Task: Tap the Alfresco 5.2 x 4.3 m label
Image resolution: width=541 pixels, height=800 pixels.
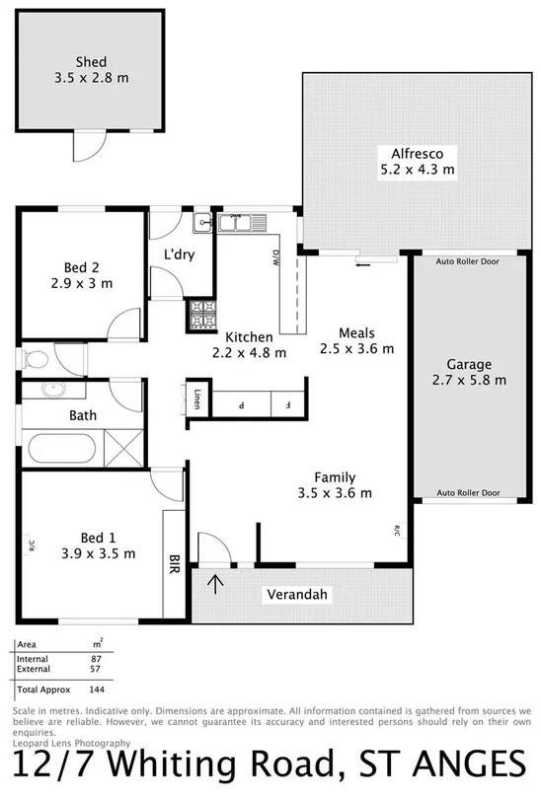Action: [410, 153]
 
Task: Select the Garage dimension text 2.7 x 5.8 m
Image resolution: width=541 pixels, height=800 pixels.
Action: [469, 380]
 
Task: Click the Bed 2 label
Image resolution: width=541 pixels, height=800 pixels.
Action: [81, 267]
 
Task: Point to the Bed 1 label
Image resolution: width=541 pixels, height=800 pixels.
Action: [98, 538]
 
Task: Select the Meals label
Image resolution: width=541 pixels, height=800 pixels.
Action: [356, 332]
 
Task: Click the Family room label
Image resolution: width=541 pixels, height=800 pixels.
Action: [336, 476]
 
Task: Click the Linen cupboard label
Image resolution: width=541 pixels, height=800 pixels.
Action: [197, 400]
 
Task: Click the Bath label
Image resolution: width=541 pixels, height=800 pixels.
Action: [82, 415]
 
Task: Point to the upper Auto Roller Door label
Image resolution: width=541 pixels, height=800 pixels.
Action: [469, 262]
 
